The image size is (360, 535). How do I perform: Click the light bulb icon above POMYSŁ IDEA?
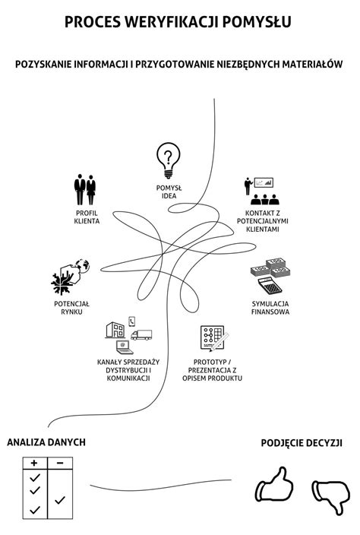pyautogui.click(x=168, y=160)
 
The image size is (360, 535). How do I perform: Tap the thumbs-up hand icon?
pyautogui.click(x=274, y=485)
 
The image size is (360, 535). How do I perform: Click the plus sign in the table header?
pyautogui.click(x=34, y=463)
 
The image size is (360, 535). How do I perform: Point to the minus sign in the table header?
pyautogui.click(x=60, y=463)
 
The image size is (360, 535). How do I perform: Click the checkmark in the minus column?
pyautogui.click(x=60, y=500)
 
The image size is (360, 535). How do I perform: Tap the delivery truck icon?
pyautogui.click(x=141, y=334)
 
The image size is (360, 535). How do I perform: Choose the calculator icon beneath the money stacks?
pyautogui.click(x=270, y=286)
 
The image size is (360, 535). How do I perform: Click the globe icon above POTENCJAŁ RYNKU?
pyautogui.click(x=83, y=266)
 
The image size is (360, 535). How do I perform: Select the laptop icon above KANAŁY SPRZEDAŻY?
pyautogui.click(x=124, y=347)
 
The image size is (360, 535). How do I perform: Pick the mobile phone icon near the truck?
pyautogui.click(x=132, y=321)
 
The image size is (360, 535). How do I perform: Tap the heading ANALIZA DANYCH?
pyautogui.click(x=46, y=442)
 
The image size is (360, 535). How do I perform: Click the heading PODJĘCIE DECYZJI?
pyautogui.click(x=302, y=443)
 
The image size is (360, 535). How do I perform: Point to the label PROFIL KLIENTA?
pyautogui.click(x=87, y=217)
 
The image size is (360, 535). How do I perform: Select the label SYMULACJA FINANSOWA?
pyautogui.click(x=270, y=308)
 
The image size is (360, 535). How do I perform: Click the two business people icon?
pyautogui.click(x=85, y=189)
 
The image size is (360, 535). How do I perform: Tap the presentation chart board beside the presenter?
pyautogui.click(x=264, y=182)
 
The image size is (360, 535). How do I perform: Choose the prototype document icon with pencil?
pyautogui.click(x=214, y=337)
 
